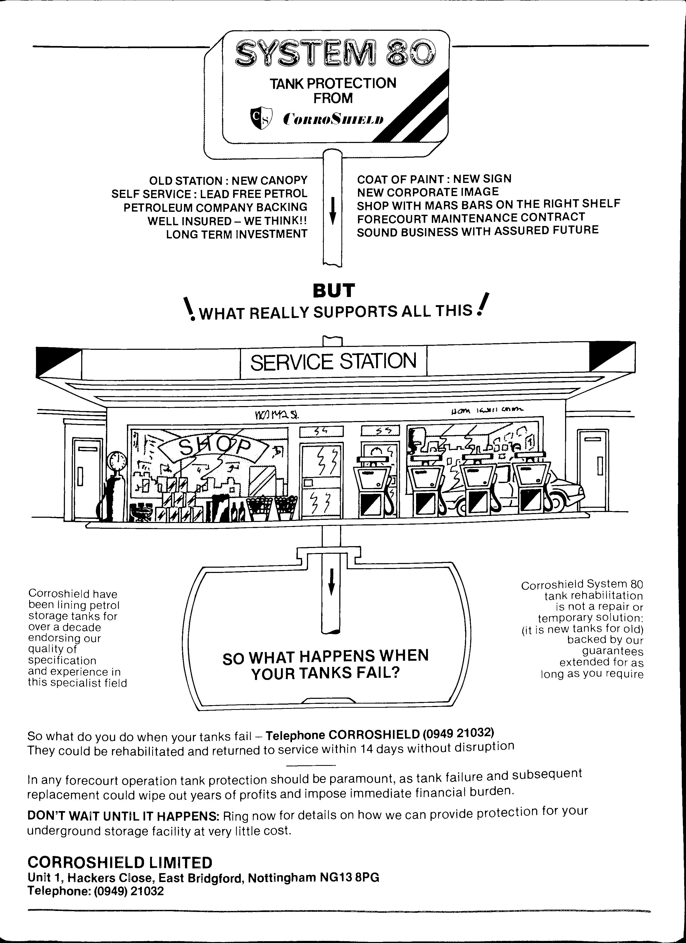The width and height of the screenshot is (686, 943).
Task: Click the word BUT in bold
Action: [x=334, y=291]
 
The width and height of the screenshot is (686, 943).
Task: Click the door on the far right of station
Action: [x=592, y=470]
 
